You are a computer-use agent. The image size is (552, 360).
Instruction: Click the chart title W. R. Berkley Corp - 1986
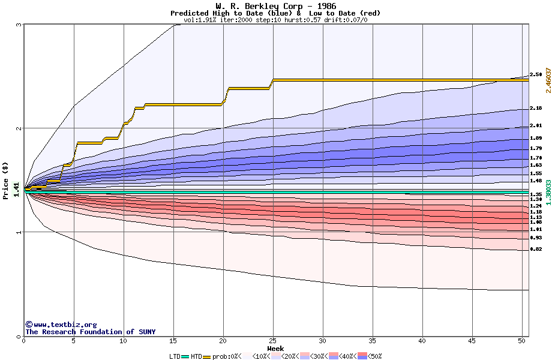(x=275, y=6)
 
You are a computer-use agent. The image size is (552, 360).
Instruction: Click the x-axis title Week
(x=275, y=349)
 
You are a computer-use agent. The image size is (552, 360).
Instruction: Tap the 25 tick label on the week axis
(x=273, y=341)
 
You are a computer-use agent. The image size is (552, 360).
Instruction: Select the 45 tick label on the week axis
(x=472, y=341)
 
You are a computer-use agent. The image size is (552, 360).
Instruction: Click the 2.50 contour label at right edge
(x=536, y=75)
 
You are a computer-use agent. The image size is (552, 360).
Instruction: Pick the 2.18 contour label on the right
(x=536, y=109)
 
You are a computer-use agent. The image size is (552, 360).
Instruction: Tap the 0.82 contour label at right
(x=536, y=249)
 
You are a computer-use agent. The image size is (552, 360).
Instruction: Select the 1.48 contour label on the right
(x=536, y=181)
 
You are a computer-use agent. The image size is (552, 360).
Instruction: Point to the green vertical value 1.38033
(x=548, y=193)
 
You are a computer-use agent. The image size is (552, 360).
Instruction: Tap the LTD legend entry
(x=175, y=356)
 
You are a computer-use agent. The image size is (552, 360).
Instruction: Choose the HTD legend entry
(x=196, y=356)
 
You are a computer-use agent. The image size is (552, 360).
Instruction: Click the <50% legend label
(x=375, y=356)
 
